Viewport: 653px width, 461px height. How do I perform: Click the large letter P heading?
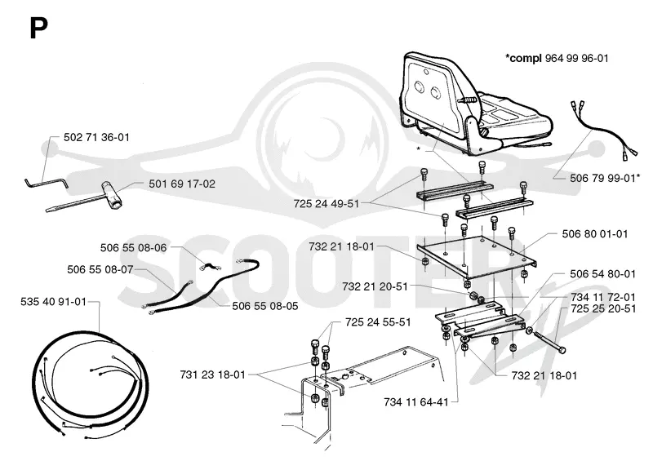click(38, 29)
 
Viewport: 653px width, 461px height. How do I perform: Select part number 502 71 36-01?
click(96, 137)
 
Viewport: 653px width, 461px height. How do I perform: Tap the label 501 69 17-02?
click(182, 184)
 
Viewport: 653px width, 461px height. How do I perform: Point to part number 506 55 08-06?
click(133, 248)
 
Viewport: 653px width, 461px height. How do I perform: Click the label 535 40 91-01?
click(53, 302)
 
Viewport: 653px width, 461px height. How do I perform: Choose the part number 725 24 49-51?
click(326, 204)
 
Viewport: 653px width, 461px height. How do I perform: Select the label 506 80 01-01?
click(595, 233)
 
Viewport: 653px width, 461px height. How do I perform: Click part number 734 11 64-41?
click(416, 402)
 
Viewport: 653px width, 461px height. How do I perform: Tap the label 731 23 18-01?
click(213, 375)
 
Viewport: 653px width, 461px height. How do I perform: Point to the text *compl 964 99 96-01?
click(557, 58)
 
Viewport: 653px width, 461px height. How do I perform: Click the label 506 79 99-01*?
click(605, 178)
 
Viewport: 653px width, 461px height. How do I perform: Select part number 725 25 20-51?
click(603, 308)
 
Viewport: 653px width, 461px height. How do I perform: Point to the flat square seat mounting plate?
click(477, 257)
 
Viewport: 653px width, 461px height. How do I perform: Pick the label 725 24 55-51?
click(378, 322)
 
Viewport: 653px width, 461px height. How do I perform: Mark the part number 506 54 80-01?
click(602, 274)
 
